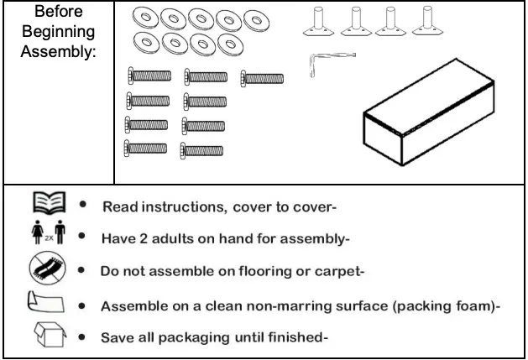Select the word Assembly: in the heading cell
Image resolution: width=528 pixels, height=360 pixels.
coord(58,51)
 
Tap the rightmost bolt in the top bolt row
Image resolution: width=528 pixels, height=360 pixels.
coord(262,78)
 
